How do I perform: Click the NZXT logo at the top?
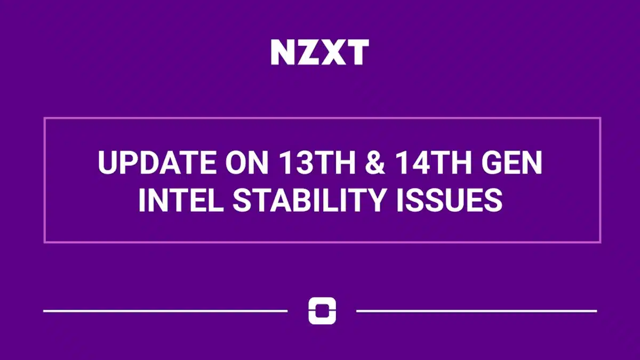click(319, 52)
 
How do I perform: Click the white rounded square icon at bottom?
click(322, 311)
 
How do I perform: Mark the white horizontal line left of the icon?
click(165, 310)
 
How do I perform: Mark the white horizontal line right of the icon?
click(476, 310)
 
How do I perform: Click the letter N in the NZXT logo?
click(283, 52)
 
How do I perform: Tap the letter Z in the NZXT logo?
click(308, 52)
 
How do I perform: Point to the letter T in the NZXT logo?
click(357, 52)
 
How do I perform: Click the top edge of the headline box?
click(322, 118)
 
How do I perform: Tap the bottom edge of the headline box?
click(322, 242)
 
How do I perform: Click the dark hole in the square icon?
click(322, 310)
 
